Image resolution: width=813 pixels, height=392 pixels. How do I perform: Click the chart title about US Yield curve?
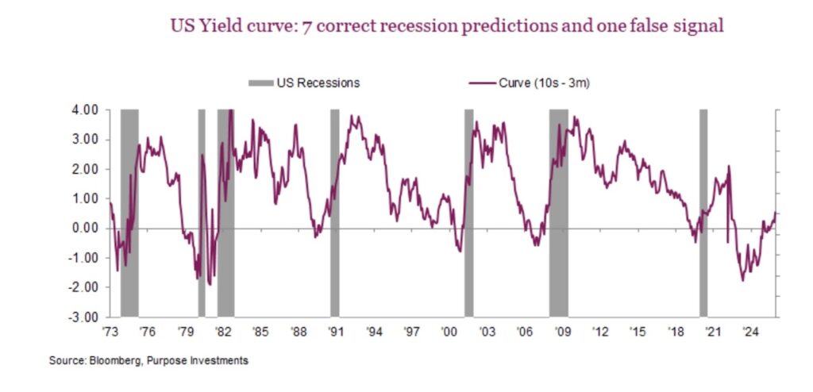[447, 25]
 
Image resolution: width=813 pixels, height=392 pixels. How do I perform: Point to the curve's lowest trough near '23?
[743, 279]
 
